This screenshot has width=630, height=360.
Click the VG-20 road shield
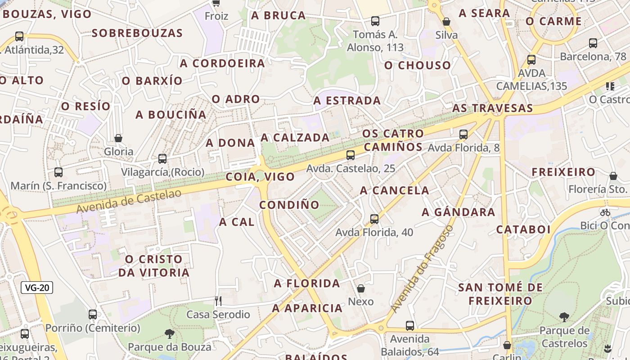tap(37, 288)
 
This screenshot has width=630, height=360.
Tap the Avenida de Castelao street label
tap(129, 201)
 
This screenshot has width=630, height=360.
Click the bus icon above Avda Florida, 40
tap(374, 219)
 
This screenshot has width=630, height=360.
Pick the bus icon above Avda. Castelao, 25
tap(351, 155)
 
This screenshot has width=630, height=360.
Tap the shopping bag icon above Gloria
tap(118, 138)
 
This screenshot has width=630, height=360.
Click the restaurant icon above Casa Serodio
tap(218, 301)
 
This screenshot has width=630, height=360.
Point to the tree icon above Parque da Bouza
tap(170, 333)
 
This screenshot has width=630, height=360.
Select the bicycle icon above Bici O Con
tap(605, 212)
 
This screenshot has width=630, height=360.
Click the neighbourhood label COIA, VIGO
tap(260, 177)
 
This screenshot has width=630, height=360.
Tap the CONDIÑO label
tap(289, 205)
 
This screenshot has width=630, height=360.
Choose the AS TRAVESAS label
tap(492, 108)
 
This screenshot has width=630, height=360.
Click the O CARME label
tap(553, 21)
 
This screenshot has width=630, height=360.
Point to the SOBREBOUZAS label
tap(137, 33)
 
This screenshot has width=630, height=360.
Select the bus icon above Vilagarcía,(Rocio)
tap(162, 159)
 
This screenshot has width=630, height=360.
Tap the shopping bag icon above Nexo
tap(361, 288)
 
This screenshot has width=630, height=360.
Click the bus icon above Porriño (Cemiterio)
tap(93, 315)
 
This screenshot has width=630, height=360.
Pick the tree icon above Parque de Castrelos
tap(564, 317)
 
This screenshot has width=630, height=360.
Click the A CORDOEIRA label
tap(222, 63)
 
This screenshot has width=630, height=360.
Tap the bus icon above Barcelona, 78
tap(593, 43)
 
